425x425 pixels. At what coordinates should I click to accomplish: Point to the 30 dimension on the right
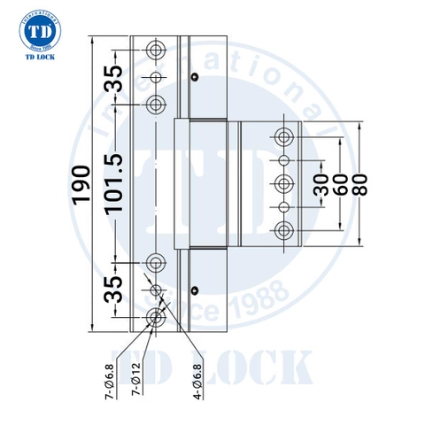pos(321,183)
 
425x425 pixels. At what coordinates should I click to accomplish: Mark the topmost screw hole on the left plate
pos(156,47)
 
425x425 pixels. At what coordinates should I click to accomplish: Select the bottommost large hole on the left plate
pos(156,319)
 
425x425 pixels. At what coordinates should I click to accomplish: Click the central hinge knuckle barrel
pos(205,183)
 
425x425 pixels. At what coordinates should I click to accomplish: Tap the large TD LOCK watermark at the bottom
pos(220,366)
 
